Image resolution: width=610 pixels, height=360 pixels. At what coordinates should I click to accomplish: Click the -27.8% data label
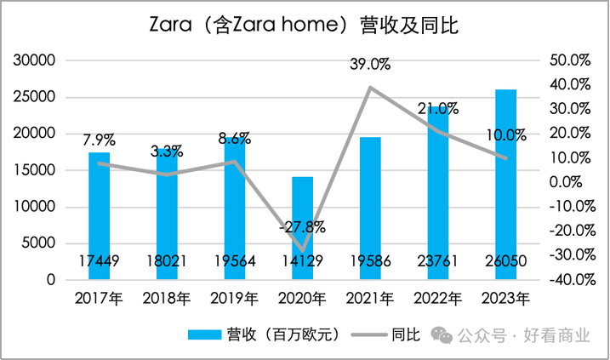click(x=302, y=227)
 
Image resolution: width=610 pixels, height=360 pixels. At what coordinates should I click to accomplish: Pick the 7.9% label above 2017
click(x=100, y=139)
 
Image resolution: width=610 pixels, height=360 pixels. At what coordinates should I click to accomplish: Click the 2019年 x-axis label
click(x=235, y=299)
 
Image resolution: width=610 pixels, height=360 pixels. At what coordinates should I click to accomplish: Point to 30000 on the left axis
click(x=37, y=60)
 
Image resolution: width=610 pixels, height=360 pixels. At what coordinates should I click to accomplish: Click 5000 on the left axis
click(x=40, y=243)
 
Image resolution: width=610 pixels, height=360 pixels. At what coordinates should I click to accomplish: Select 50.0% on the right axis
click(x=571, y=60)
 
